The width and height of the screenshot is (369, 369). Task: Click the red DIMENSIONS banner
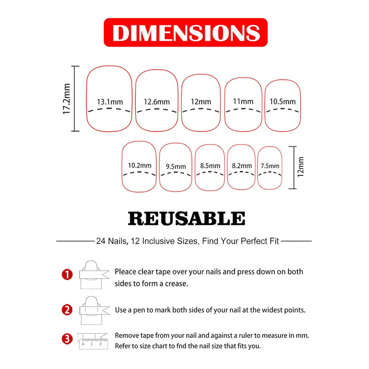[x=186, y=32]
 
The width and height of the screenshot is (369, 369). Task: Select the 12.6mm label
[x=157, y=102]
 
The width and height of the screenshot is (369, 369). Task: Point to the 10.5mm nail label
[x=283, y=102]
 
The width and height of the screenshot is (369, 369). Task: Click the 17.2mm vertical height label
[x=67, y=99]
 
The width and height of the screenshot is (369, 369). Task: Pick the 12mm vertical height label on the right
[x=301, y=167]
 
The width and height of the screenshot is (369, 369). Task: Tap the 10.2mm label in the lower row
[x=140, y=166]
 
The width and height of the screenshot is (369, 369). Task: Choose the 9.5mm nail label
[x=176, y=166]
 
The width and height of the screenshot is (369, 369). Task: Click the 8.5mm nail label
[x=210, y=166]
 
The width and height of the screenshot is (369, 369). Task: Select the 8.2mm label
[x=242, y=166]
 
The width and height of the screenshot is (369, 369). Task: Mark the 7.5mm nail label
[x=270, y=166]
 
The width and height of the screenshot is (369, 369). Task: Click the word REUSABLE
[x=186, y=219]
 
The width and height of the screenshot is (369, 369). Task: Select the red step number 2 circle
[x=67, y=310]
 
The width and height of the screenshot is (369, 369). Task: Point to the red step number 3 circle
[x=67, y=339]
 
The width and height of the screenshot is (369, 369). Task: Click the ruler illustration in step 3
[x=93, y=341]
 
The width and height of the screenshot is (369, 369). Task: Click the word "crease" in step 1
[x=177, y=284]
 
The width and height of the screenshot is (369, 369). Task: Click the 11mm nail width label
[x=243, y=102]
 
